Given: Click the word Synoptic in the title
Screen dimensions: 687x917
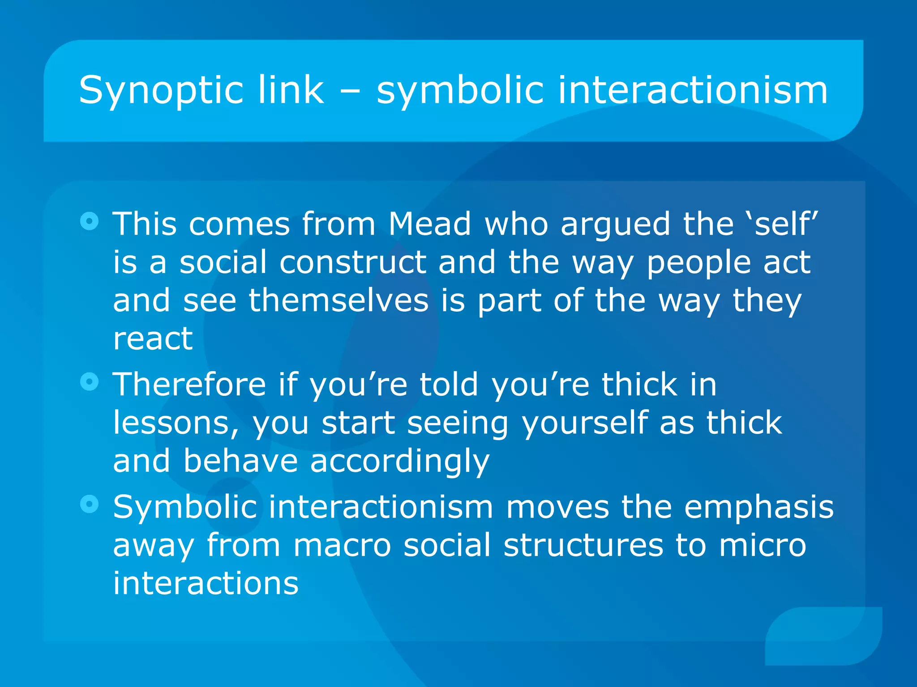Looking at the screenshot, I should coord(156,91).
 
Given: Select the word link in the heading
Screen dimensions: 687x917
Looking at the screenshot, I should coord(291,90).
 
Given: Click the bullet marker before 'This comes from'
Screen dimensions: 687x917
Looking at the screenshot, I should coord(90,221).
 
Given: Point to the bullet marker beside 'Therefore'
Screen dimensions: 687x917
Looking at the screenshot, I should coord(90,382).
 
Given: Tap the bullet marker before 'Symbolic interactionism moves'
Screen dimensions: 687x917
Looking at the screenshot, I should coord(90,504).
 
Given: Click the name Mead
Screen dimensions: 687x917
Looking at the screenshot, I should coord(429,223).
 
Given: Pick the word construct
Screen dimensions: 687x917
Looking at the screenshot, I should coord(352,262).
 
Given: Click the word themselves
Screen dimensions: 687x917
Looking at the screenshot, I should coord(339,300).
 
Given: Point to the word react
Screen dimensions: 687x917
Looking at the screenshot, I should coord(153,338).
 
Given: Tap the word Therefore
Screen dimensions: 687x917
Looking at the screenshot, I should coord(189,384).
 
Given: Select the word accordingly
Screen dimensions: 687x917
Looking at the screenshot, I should coord(399,462).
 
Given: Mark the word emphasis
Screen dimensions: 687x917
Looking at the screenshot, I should coord(758,508).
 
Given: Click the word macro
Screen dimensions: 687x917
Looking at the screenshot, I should coord(342,545).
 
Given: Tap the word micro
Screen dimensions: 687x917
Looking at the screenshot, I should coord(763,545).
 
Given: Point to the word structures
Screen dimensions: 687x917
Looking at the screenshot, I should coord(583,545).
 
